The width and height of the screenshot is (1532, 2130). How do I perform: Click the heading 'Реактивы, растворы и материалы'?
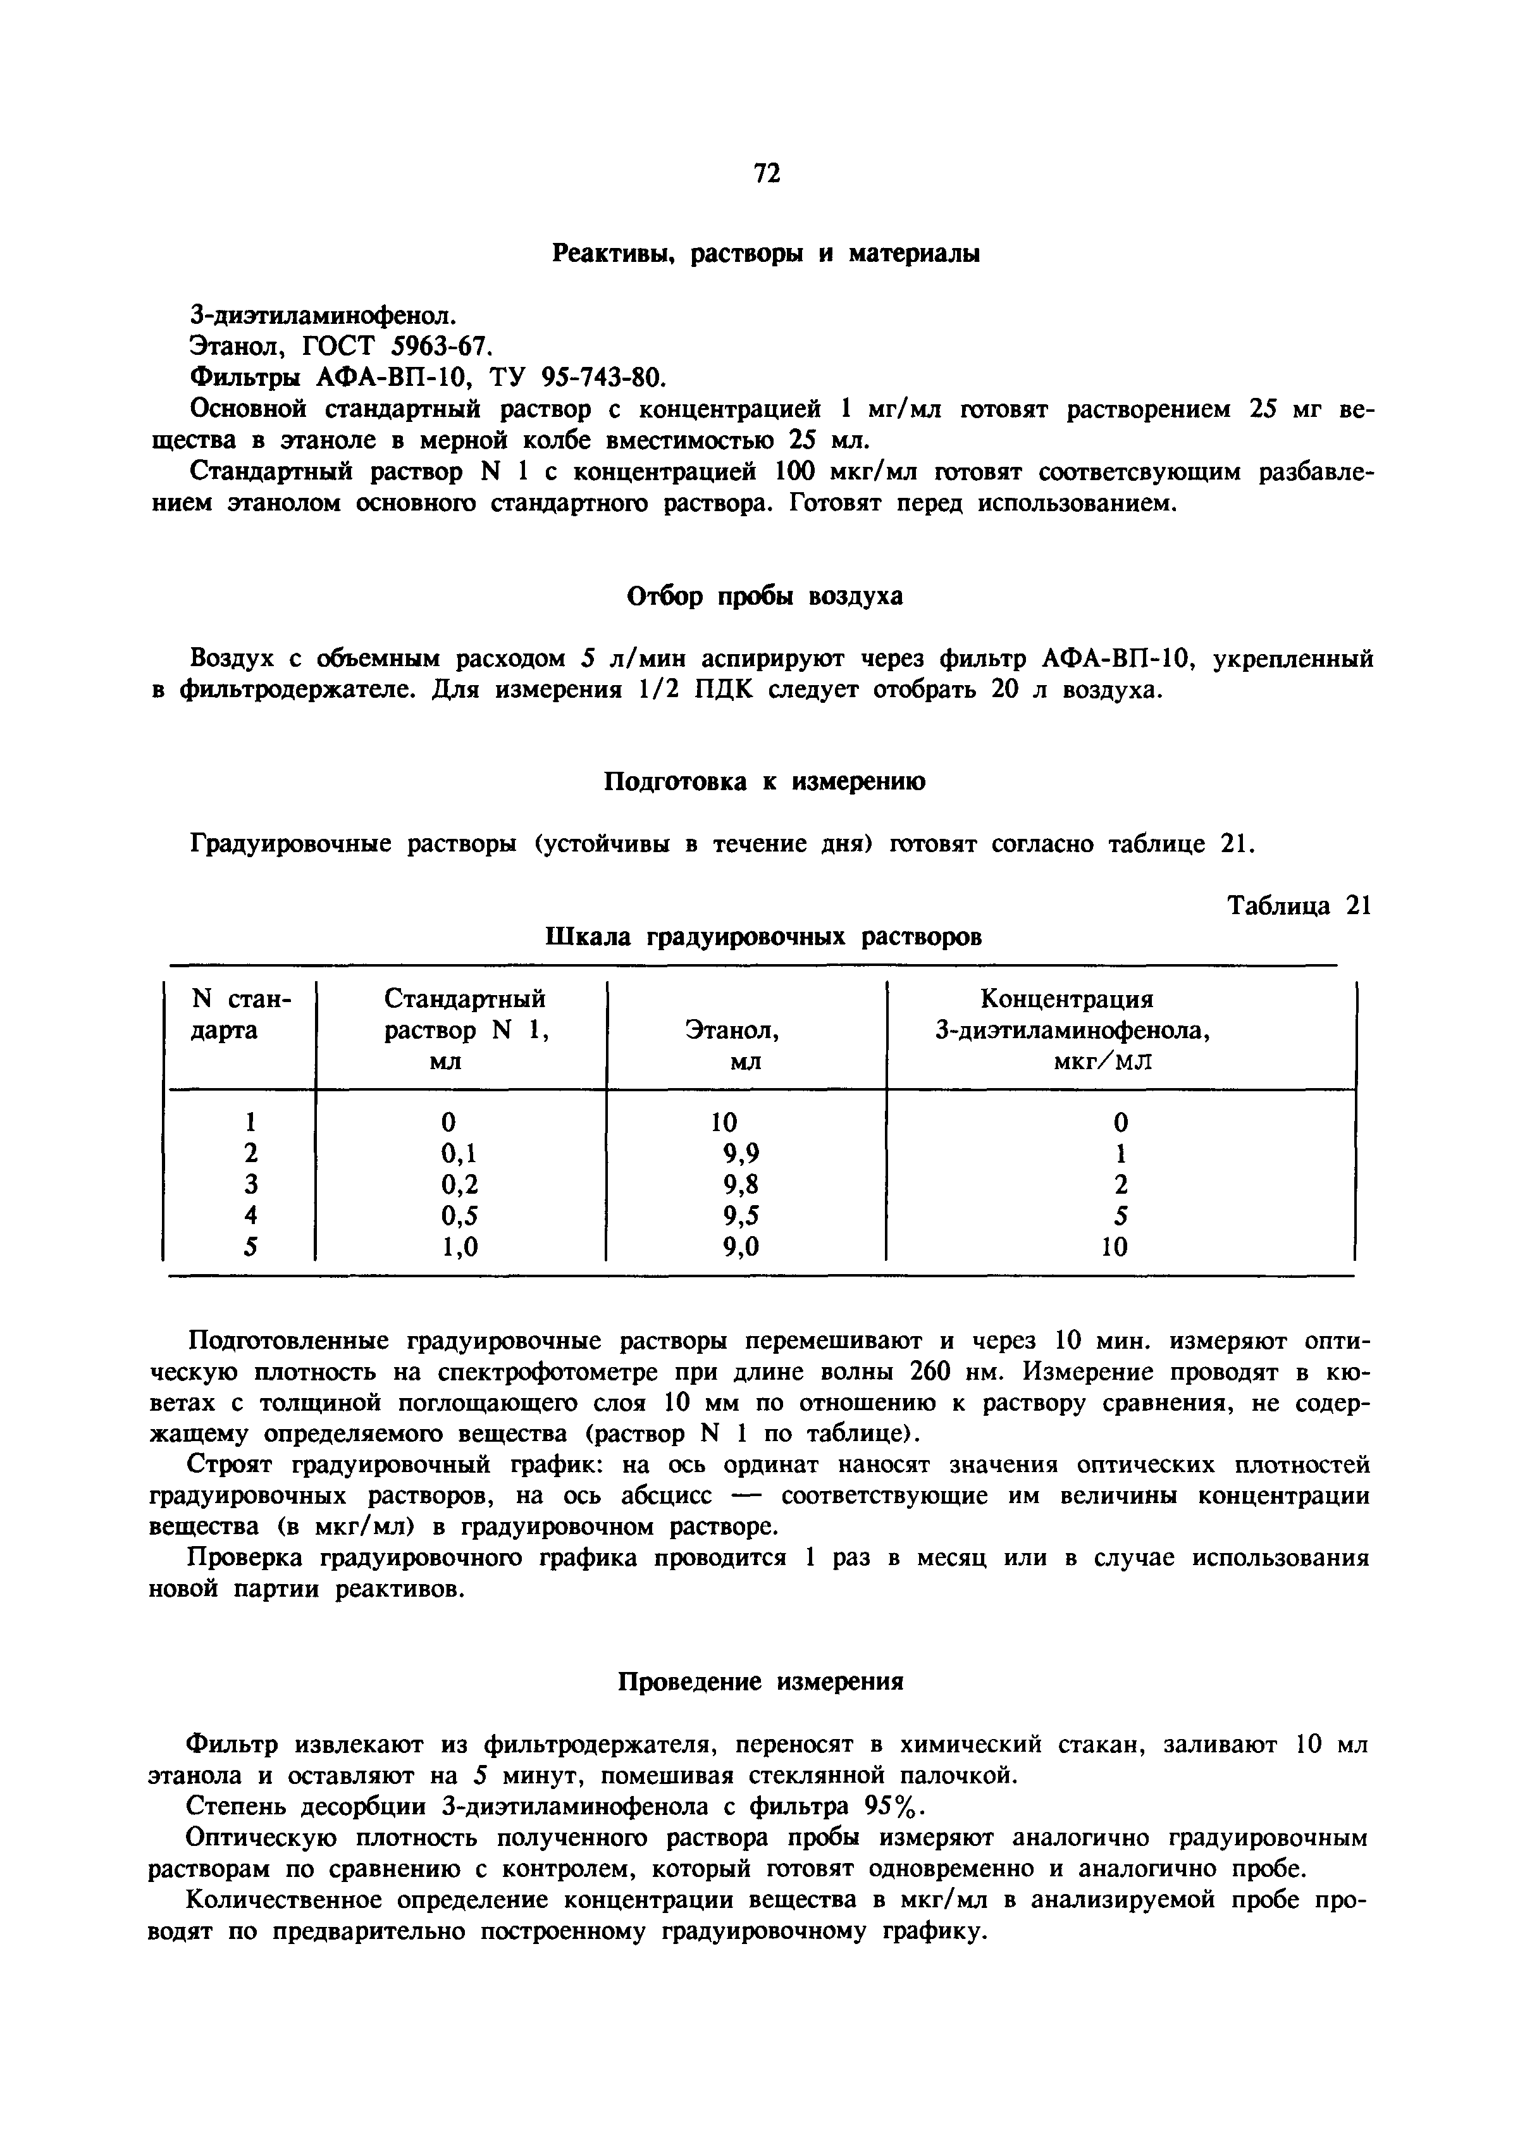click(765, 254)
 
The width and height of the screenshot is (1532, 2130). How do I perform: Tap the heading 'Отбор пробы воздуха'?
click(765, 597)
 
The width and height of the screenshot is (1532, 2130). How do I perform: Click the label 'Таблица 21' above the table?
click(1300, 907)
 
